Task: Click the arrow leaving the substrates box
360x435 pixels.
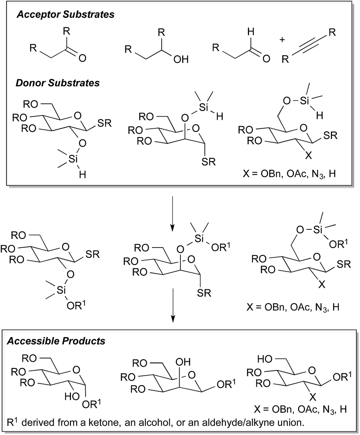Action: pyautogui.click(x=172, y=211)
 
